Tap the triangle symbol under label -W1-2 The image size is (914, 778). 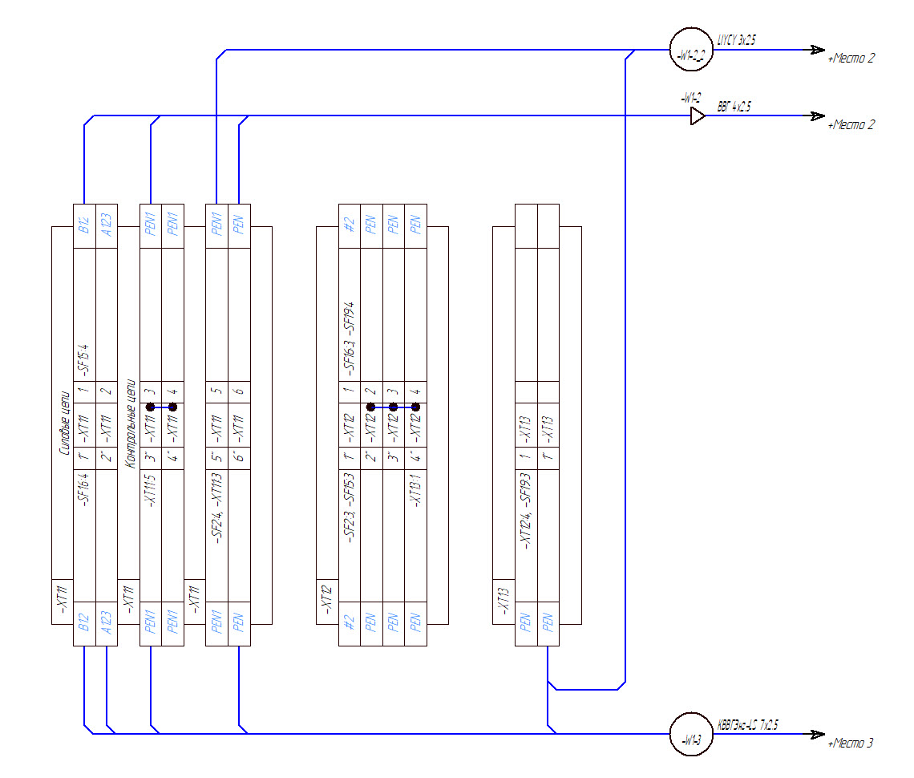tap(698, 116)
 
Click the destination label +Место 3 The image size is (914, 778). tap(851, 744)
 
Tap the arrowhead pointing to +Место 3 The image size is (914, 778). tap(816, 734)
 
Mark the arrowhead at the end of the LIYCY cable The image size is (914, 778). tap(816, 50)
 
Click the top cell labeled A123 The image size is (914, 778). tap(106, 219)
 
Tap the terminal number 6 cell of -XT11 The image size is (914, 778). tap(239, 391)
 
